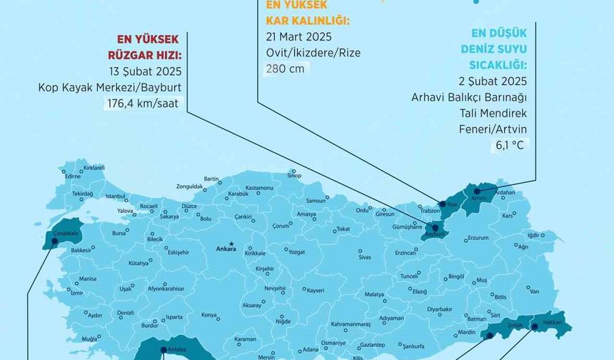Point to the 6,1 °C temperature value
(509, 145)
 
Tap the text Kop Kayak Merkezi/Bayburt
(110, 88)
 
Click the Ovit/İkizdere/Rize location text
(312, 52)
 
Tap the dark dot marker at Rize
(443, 204)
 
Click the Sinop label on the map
(293, 175)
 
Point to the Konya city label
(208, 315)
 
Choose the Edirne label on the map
(73, 176)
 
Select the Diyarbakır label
(439, 309)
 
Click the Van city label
(534, 292)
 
